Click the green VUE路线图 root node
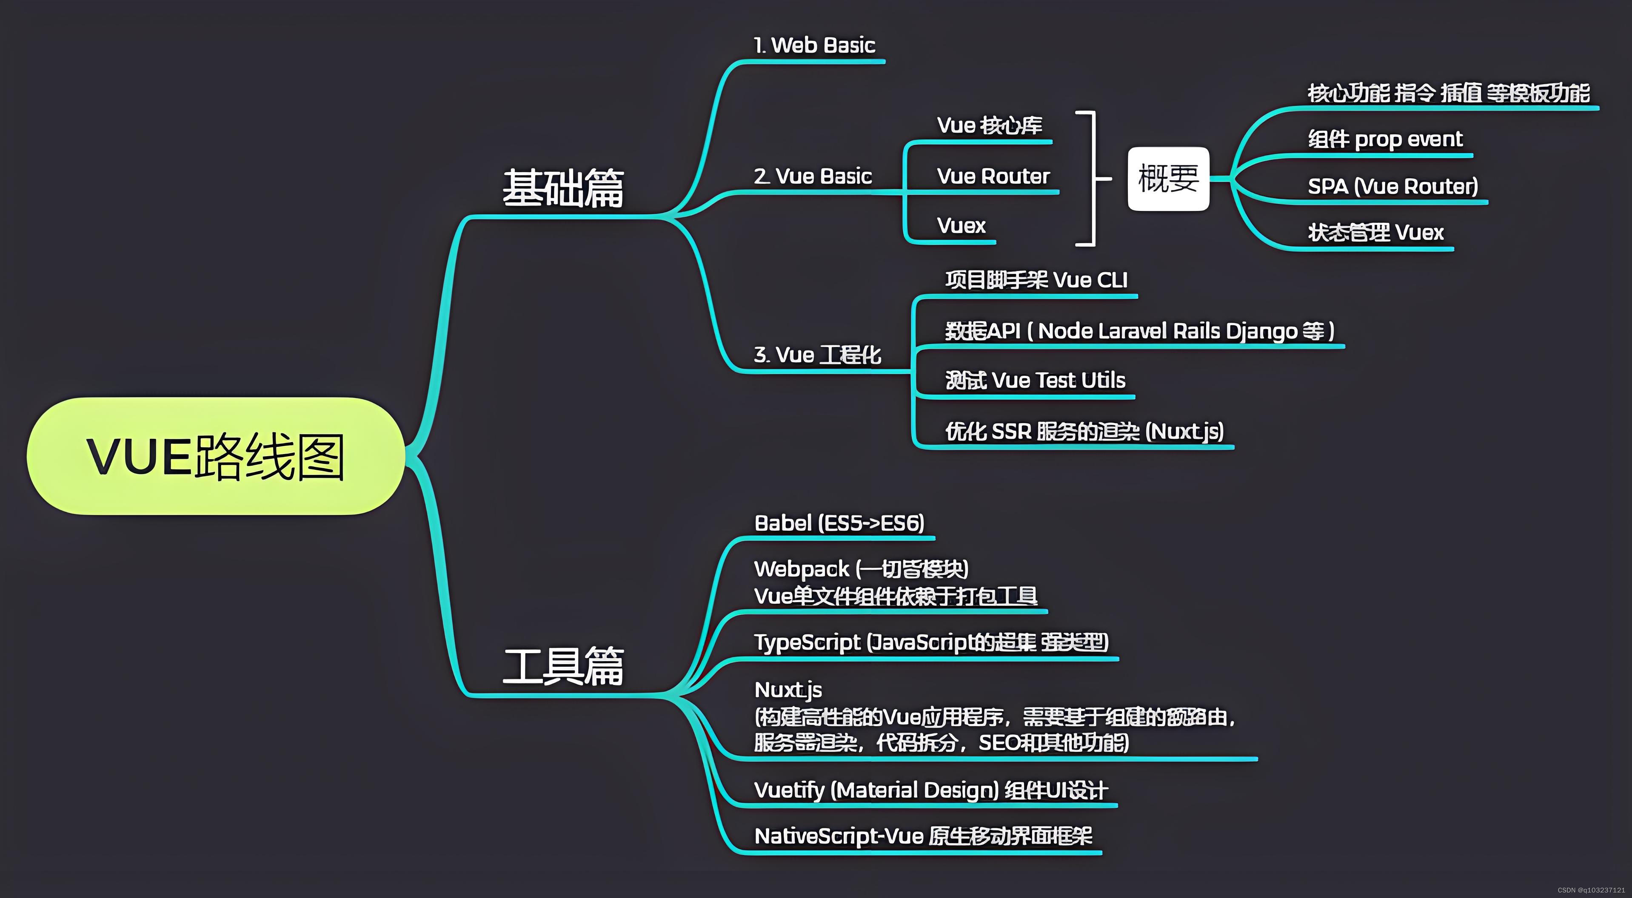click(215, 456)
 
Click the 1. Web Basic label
click(814, 45)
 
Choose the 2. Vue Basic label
click(812, 176)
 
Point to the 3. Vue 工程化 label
click(817, 355)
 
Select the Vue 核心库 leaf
click(989, 125)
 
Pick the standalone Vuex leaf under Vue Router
click(961, 225)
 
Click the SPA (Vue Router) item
click(1392, 186)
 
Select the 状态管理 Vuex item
click(1375, 233)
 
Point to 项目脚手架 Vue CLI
click(1036, 280)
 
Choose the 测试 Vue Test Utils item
click(1035, 381)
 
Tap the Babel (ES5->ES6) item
click(839, 523)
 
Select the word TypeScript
click(807, 642)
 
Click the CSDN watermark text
click(1590, 890)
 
